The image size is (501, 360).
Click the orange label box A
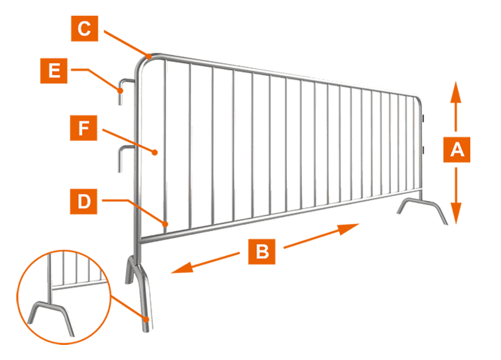[x=457, y=150]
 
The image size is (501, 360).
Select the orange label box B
[x=262, y=252]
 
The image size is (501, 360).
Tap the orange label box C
[x=85, y=28]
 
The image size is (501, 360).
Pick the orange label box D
[x=83, y=201]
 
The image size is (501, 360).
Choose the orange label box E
[x=54, y=71]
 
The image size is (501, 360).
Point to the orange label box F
[x=83, y=128]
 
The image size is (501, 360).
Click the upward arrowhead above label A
[x=456, y=92]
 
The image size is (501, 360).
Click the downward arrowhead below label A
[x=456, y=213]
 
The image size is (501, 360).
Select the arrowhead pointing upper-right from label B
[x=349, y=229]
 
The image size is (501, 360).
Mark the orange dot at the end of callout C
[x=149, y=57]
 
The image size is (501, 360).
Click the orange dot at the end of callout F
[x=155, y=152]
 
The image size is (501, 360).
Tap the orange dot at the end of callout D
[x=165, y=224]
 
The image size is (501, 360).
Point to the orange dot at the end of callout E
[x=120, y=91]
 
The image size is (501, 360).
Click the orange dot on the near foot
[x=146, y=319]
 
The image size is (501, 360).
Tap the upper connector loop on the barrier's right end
[x=423, y=118]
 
